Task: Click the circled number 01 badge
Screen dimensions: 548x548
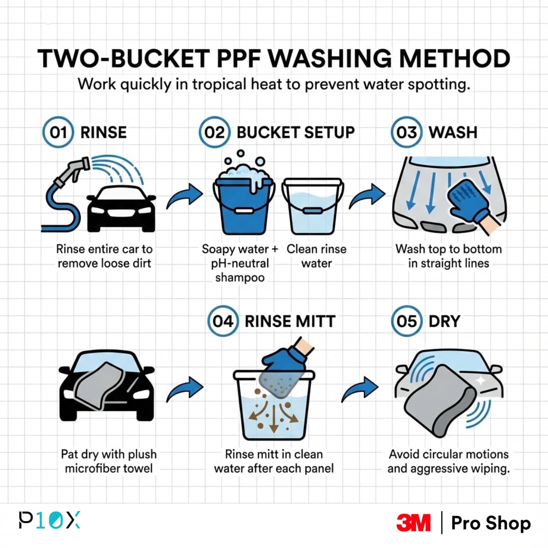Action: (x=58, y=132)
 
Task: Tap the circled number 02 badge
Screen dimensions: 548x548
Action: (x=214, y=132)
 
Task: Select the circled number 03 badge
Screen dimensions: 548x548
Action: (x=406, y=132)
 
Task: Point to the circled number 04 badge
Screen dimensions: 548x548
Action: (x=222, y=321)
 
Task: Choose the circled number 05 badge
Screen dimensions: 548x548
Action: (x=406, y=321)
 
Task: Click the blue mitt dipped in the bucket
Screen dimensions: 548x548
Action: (x=283, y=365)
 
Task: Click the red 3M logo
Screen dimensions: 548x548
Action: (x=413, y=523)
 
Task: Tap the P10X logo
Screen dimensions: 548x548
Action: (x=49, y=520)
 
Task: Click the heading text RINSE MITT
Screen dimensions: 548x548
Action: (x=290, y=321)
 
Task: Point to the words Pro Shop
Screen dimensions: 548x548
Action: (x=491, y=523)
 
